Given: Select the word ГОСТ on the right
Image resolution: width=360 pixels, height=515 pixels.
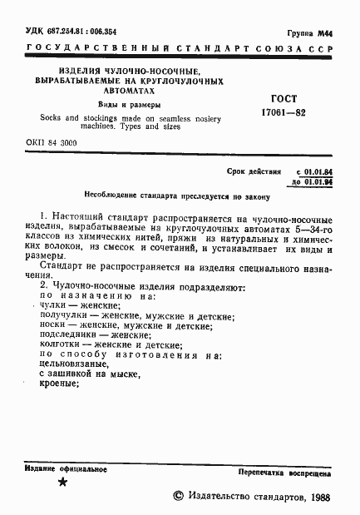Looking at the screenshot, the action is (284, 98).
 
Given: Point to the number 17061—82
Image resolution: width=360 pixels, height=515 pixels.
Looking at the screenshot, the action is (284, 113).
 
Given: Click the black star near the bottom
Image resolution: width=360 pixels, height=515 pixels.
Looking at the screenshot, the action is (62, 483).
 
